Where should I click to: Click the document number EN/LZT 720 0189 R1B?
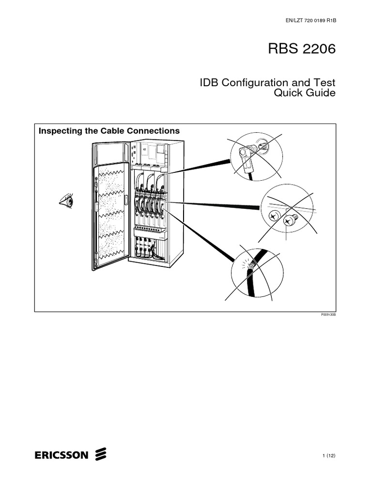[x=309, y=21]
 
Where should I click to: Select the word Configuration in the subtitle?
[x=252, y=82]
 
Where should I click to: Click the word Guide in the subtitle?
[x=321, y=93]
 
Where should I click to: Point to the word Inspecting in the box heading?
[x=58, y=131]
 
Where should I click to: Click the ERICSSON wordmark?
[x=62, y=455]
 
